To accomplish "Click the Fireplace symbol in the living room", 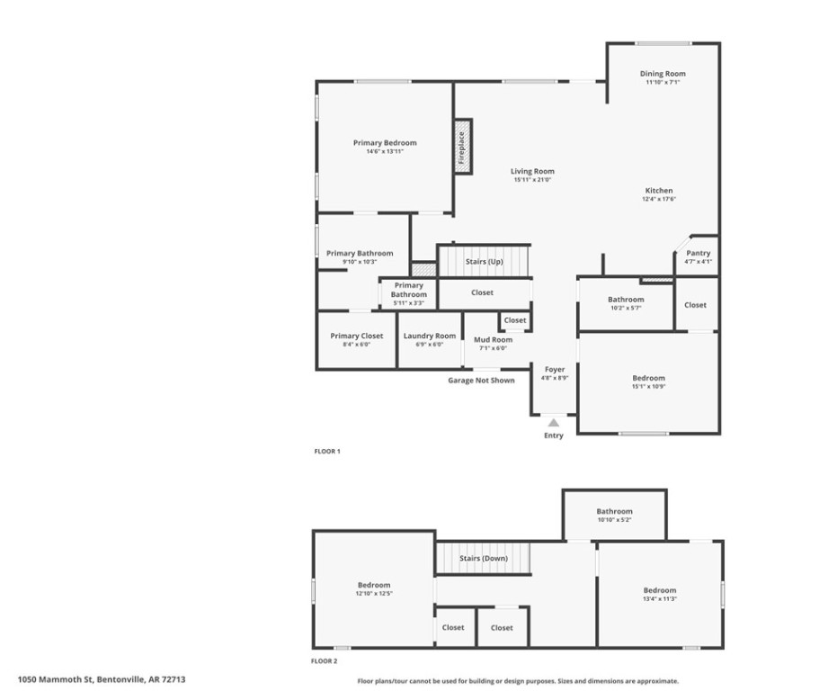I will pyautogui.click(x=462, y=146).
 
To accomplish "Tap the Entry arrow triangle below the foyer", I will pyautogui.click(x=554, y=422).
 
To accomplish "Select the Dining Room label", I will pyautogui.click(x=663, y=74).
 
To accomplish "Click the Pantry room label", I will pyautogui.click(x=698, y=254).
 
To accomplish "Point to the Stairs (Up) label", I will pyautogui.click(x=485, y=262).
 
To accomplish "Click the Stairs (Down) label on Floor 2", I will pyautogui.click(x=484, y=558).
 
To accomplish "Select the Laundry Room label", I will pyautogui.click(x=430, y=336).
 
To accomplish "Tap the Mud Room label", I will pyautogui.click(x=493, y=339).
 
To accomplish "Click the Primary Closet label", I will pyautogui.click(x=356, y=336).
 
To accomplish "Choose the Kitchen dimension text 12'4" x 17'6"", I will pyautogui.click(x=658, y=199).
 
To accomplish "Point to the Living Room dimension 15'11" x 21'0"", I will pyautogui.click(x=532, y=180).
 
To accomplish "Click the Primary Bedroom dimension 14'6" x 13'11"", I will pyautogui.click(x=385, y=151).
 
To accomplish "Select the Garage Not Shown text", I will pyautogui.click(x=481, y=381).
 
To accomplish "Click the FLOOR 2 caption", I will pyautogui.click(x=324, y=660).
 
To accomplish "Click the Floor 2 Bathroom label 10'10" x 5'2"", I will pyautogui.click(x=615, y=520).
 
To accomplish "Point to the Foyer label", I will pyautogui.click(x=554, y=370).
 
